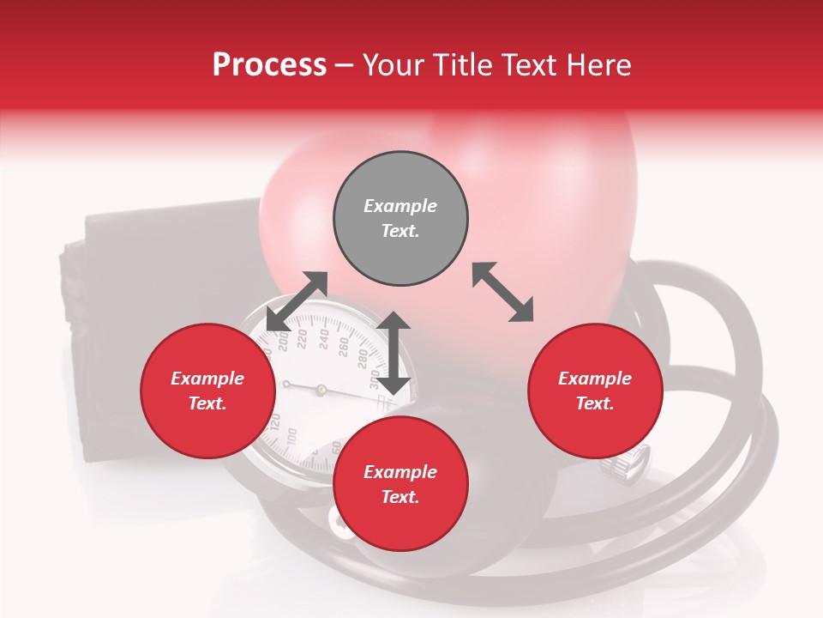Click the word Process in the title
point(269,65)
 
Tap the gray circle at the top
point(400,219)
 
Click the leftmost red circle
point(207,391)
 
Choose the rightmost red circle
point(595,391)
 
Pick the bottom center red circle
point(400,484)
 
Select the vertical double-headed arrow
point(393,354)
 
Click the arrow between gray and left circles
point(297,300)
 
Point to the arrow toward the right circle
point(502,292)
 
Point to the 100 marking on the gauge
point(291,435)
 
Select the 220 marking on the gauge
point(302,340)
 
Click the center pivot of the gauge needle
point(321,390)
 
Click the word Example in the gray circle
point(400,206)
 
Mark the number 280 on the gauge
point(361,357)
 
